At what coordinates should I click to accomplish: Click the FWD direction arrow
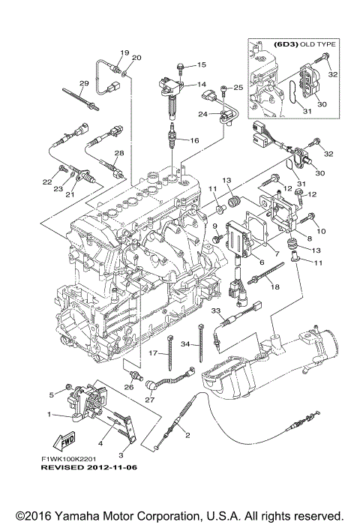(64, 442)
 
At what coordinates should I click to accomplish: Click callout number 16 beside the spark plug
(194, 140)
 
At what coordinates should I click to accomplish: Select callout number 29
(83, 83)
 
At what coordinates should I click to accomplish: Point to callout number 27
(150, 400)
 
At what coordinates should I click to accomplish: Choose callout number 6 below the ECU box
(262, 262)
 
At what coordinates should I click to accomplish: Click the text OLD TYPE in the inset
(317, 44)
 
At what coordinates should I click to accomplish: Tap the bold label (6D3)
(286, 44)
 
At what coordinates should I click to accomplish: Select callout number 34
(186, 343)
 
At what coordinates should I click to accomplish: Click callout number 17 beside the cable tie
(153, 353)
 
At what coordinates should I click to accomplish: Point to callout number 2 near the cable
(187, 435)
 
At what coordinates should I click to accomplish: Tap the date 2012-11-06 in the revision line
(112, 467)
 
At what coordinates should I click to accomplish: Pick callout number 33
(216, 310)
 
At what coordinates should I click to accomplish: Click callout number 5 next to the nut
(52, 394)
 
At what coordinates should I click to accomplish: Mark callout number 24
(202, 114)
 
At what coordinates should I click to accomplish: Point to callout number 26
(129, 388)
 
